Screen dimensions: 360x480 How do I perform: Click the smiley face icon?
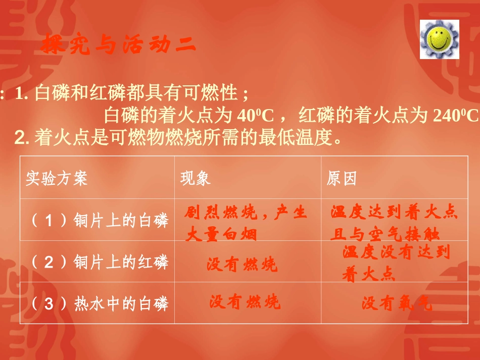click(439, 39)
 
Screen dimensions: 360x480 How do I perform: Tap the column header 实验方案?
click(57, 178)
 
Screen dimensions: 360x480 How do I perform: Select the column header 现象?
click(196, 178)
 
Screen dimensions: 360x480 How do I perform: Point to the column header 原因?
click(342, 178)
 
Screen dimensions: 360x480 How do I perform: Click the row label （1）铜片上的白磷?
click(99, 221)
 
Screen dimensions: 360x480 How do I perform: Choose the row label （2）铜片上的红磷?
click(99, 263)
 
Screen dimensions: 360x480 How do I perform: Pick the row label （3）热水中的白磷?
click(99, 304)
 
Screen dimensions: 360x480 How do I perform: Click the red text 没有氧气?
click(397, 303)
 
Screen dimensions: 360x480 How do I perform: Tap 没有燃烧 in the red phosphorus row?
click(242, 265)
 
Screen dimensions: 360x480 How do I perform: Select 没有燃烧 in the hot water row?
click(245, 302)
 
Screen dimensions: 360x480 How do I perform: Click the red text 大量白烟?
click(221, 234)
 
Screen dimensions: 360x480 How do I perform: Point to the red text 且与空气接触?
click(385, 234)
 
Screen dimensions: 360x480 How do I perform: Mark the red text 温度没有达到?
click(396, 252)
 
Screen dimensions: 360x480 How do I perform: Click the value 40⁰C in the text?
click(255, 116)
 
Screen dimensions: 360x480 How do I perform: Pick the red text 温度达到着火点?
click(394, 213)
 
